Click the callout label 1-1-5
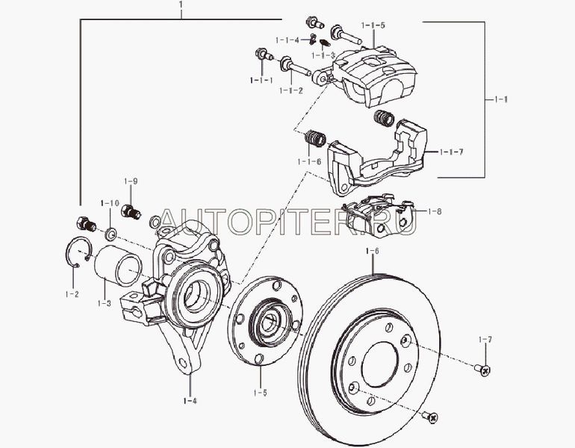(x=373, y=25)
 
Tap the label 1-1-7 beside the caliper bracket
(x=452, y=152)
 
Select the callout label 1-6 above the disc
(x=372, y=251)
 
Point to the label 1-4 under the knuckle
(x=190, y=401)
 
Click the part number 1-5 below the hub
(x=260, y=393)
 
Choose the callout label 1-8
(x=435, y=211)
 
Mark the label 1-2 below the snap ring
(x=72, y=294)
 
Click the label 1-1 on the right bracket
(x=501, y=99)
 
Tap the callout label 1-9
(x=131, y=181)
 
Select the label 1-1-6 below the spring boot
(x=309, y=161)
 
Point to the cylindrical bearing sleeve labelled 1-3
(x=118, y=265)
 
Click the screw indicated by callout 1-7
(x=482, y=370)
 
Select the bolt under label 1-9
(x=131, y=211)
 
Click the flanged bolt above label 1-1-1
(x=264, y=55)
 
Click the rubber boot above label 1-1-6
(x=315, y=138)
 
